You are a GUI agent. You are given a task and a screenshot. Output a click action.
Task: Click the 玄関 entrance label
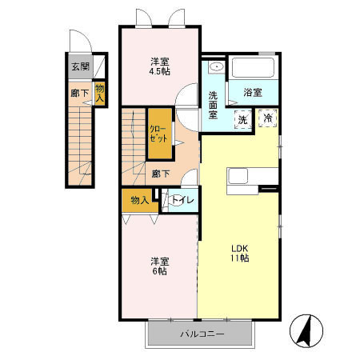tap(80, 66)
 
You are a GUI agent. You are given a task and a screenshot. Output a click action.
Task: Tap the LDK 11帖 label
tap(240, 254)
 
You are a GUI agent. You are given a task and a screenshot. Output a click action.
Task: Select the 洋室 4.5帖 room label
tap(160, 66)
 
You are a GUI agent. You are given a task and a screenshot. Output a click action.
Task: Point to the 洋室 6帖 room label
tap(159, 266)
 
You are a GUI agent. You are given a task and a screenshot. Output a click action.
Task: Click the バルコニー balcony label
tap(202, 334)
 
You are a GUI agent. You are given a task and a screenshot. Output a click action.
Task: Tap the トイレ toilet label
tap(182, 200)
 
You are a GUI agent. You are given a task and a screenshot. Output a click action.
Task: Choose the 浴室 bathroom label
tap(253, 93)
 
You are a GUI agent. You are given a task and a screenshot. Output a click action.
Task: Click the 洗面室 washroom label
tap(213, 105)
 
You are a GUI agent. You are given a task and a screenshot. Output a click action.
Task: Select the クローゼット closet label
tap(158, 134)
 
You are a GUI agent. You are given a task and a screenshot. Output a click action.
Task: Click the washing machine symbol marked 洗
tap(243, 119)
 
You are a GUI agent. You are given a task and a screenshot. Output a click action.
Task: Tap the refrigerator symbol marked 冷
tap(268, 118)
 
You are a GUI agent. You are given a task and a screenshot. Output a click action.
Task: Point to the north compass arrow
tap(306, 330)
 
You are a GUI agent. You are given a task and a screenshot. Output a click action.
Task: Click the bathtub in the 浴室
tap(254, 67)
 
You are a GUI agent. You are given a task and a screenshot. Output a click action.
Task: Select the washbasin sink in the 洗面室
tap(217, 66)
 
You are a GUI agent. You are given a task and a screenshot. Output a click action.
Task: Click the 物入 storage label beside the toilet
tap(140, 200)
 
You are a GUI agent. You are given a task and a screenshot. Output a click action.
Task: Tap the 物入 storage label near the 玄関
tap(100, 93)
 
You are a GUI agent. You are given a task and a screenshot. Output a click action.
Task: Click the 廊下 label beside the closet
tap(161, 174)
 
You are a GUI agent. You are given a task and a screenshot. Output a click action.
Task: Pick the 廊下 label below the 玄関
tap(80, 93)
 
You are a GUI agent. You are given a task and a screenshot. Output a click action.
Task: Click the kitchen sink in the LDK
tap(238, 177)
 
